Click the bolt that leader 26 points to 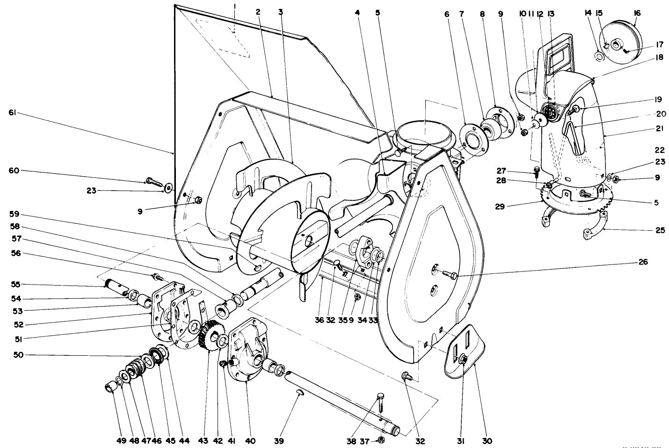coord(448,273)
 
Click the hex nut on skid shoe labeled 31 coord(463,359)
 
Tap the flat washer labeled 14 coord(598,56)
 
